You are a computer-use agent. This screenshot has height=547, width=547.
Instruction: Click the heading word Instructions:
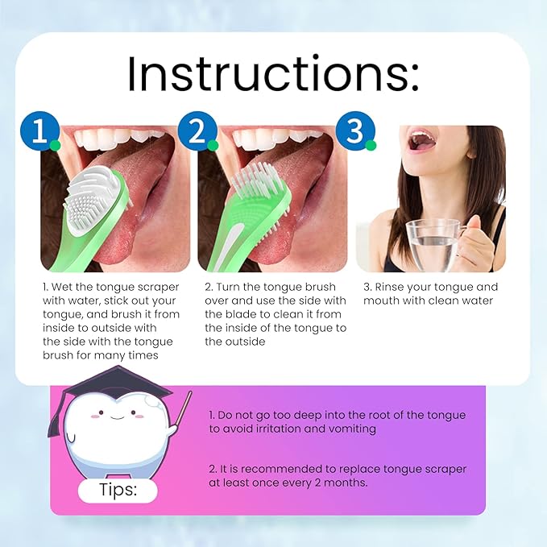[x=273, y=74]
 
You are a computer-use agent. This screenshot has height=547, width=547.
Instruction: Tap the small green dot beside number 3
[x=371, y=145]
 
